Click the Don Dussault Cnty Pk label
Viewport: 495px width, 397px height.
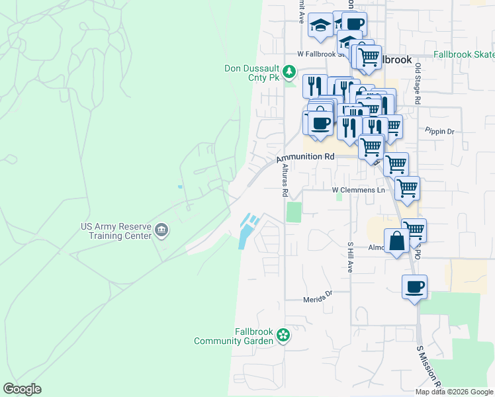pyautogui.click(x=253, y=73)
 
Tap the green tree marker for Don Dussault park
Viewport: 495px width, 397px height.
pyautogui.click(x=289, y=71)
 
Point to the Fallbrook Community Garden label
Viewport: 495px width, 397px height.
pyautogui.click(x=234, y=336)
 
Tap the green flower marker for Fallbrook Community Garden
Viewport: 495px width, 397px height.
pyautogui.click(x=283, y=335)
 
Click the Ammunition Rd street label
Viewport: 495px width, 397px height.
pyautogui.click(x=305, y=157)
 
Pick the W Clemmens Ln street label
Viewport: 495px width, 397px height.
pyautogui.click(x=358, y=190)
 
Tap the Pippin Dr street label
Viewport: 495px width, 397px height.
pyautogui.click(x=440, y=131)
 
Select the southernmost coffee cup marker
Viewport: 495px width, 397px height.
pyautogui.click(x=414, y=288)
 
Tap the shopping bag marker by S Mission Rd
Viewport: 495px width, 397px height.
pyautogui.click(x=397, y=242)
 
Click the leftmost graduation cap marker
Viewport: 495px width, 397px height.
pyautogui.click(x=321, y=26)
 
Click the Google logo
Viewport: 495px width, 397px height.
pyautogui.click(x=22, y=389)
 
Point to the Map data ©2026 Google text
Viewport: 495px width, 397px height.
pyautogui.click(x=454, y=392)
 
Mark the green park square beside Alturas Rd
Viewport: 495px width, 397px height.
pyautogui.click(x=293, y=212)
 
